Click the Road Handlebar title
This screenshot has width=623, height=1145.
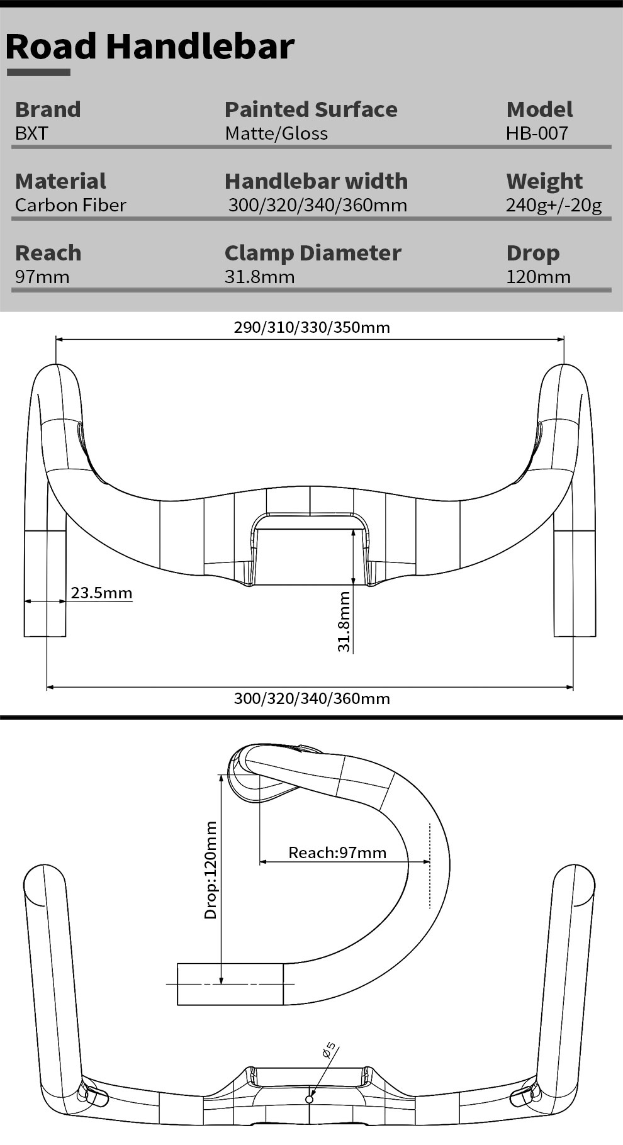(x=150, y=47)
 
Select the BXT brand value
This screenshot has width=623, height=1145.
(x=31, y=133)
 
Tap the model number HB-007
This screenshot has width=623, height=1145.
(x=537, y=133)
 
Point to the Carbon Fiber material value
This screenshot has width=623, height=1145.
(x=70, y=205)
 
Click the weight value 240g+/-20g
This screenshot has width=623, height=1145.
(x=554, y=205)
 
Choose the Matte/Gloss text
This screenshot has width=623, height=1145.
(x=276, y=133)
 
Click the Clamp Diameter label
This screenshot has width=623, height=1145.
(x=313, y=253)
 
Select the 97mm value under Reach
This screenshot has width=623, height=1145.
(x=42, y=277)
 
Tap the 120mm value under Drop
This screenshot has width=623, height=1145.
(x=538, y=277)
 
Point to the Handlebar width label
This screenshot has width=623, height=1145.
(x=316, y=181)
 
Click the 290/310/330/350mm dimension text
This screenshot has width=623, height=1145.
(x=311, y=327)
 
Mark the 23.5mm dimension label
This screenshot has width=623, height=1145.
(x=101, y=593)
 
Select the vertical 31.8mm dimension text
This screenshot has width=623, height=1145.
(x=344, y=621)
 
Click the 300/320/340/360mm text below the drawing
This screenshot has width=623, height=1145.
(x=311, y=698)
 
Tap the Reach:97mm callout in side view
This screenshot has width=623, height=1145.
(x=337, y=852)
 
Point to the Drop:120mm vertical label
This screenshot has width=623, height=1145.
(x=211, y=870)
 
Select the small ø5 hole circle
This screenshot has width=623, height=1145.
(x=309, y=1099)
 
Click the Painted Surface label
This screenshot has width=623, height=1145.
(x=311, y=109)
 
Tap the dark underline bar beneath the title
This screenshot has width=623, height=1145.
(x=38, y=72)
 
